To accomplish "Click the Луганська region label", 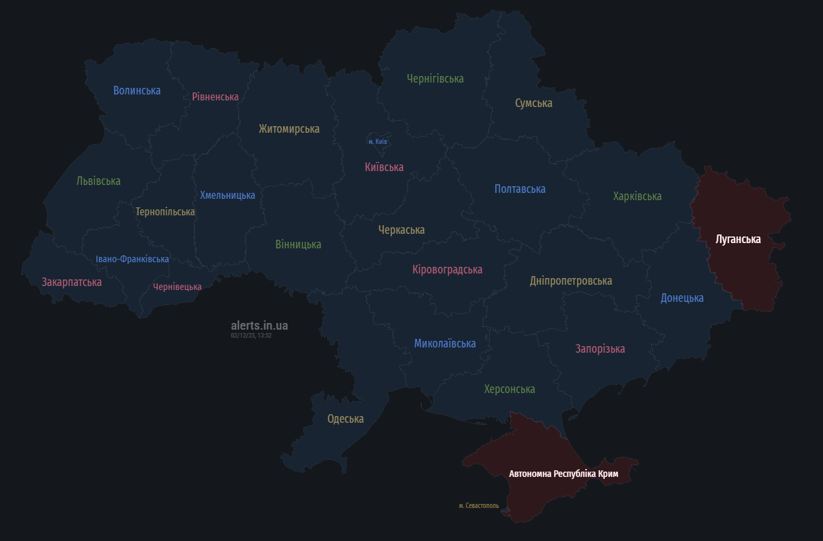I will (x=738, y=239).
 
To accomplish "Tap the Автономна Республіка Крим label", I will (x=563, y=474).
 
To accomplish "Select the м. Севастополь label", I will (x=479, y=506).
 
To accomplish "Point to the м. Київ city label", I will (x=377, y=141).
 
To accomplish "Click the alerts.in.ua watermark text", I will (x=259, y=326).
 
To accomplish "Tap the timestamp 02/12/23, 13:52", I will (x=251, y=336).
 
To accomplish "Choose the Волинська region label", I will (x=137, y=90).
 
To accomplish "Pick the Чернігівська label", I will (x=435, y=79).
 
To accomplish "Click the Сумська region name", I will (x=533, y=103).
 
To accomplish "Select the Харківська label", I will (x=637, y=196).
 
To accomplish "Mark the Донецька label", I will (x=682, y=298).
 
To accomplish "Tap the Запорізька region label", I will (x=600, y=349).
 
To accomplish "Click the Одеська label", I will (x=345, y=419).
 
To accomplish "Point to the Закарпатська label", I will (x=71, y=282).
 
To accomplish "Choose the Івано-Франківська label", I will (x=132, y=259).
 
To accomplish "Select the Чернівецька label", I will (x=177, y=287).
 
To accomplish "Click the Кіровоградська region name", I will (x=447, y=270).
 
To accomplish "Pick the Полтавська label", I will (x=520, y=189).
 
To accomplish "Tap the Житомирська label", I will (x=289, y=129).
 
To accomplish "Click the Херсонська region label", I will (x=509, y=389).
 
